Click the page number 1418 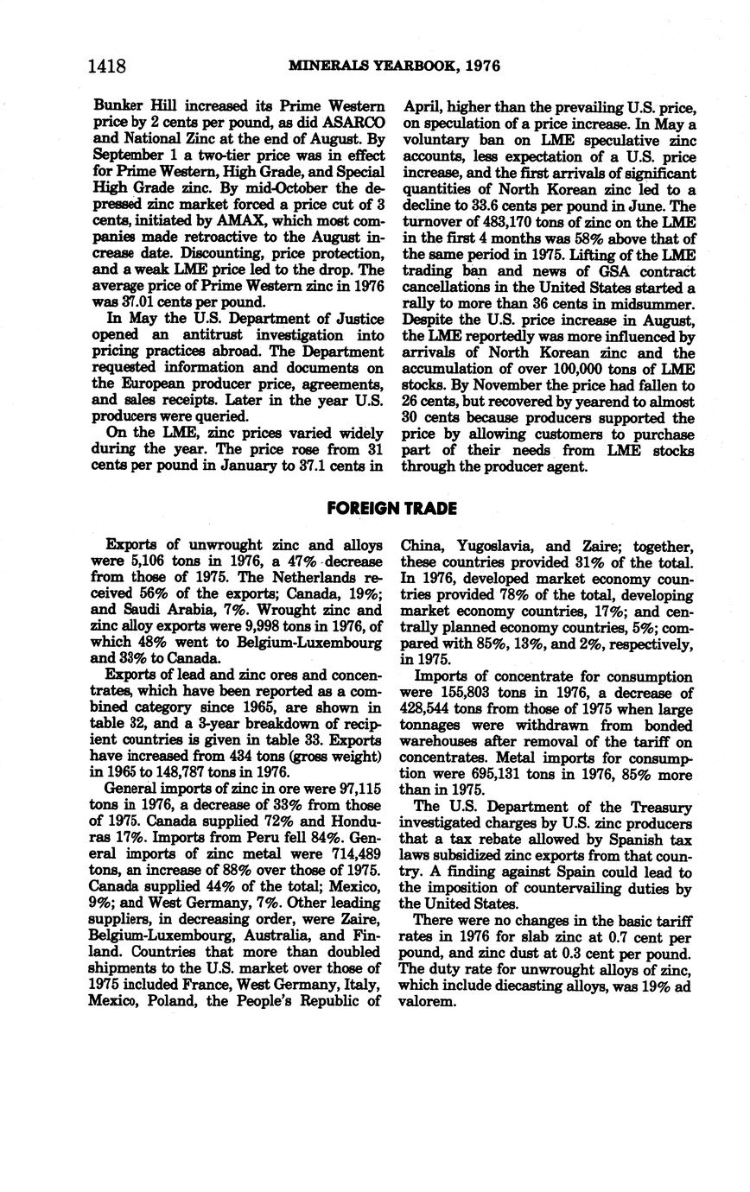click(x=107, y=67)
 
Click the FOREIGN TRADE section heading click(x=391, y=509)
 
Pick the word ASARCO click(x=353, y=124)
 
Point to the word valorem click(x=428, y=1002)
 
